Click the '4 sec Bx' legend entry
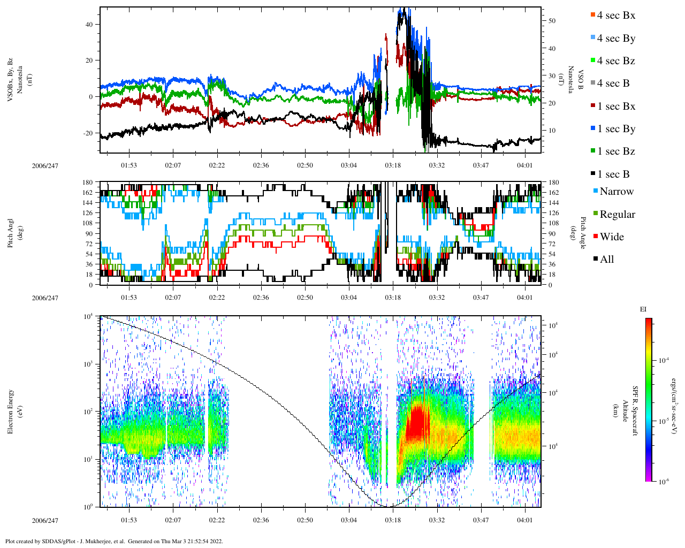click(x=615, y=16)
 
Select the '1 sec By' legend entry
click(x=615, y=129)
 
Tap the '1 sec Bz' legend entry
click(x=615, y=151)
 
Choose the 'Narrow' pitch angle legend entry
click(x=616, y=192)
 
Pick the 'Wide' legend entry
click(x=611, y=237)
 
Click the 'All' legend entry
click(x=606, y=260)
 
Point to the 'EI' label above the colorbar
click(x=643, y=309)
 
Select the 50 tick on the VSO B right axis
click(x=552, y=21)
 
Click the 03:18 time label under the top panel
click(x=393, y=165)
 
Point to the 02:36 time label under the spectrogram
click(x=261, y=520)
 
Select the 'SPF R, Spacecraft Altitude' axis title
click(x=630, y=411)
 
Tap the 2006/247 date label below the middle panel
click(x=45, y=298)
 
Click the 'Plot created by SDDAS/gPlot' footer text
click(x=113, y=541)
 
